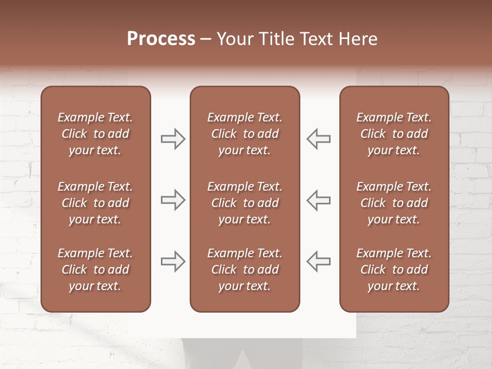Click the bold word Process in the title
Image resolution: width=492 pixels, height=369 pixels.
[161, 39]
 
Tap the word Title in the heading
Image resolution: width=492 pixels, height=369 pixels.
[276, 39]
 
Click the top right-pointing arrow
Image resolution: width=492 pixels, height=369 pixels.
[173, 139]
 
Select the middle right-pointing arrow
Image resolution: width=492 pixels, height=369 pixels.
[173, 200]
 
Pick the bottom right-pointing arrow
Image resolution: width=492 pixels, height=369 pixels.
[173, 261]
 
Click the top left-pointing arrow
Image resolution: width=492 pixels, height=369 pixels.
[319, 139]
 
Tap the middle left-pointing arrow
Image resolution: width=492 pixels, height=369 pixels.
[319, 200]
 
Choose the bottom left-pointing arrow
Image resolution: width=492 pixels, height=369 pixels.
[319, 261]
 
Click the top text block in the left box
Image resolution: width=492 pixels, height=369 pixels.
[95, 134]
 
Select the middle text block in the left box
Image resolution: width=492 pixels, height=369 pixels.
[95, 203]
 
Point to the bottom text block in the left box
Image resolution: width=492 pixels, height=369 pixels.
[95, 270]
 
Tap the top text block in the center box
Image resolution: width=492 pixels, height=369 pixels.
[244, 134]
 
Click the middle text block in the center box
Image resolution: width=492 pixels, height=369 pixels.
[244, 203]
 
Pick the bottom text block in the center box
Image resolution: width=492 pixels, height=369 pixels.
[244, 270]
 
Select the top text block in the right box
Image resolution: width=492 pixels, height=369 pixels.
[394, 134]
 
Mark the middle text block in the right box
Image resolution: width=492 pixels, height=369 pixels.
[394, 203]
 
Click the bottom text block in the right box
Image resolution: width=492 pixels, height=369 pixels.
[394, 270]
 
